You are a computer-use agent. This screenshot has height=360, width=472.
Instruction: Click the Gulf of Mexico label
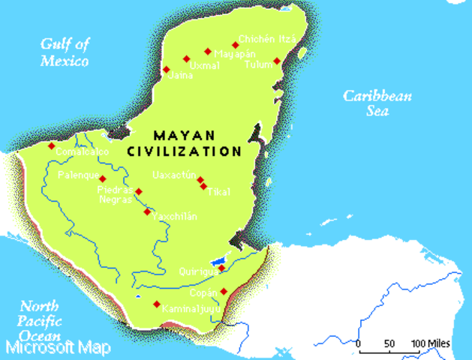coord(65,52)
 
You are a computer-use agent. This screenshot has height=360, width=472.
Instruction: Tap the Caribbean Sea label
coord(377,103)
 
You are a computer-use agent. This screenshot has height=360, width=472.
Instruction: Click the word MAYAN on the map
coord(184,136)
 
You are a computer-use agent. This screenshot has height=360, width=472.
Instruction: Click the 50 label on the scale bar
coord(389,343)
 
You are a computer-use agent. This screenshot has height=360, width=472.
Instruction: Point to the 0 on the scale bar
coord(359,343)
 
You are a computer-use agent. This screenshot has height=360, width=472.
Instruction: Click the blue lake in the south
coord(218,262)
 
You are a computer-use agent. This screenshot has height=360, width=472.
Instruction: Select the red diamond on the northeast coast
coord(277,61)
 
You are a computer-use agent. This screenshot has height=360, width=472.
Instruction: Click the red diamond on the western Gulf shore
coord(52,146)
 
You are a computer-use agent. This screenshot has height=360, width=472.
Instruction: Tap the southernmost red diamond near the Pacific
coord(157,304)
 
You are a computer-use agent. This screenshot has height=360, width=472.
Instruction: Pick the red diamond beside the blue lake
coord(221,268)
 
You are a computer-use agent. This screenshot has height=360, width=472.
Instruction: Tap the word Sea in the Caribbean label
coord(377,111)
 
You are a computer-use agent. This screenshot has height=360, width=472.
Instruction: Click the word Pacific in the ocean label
coord(39,321)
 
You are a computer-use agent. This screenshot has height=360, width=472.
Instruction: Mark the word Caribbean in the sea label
coord(377,96)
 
